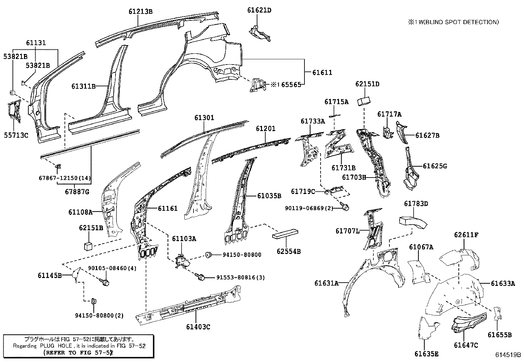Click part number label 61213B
point(141,12)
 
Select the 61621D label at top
point(259,10)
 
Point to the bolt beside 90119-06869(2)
point(346,207)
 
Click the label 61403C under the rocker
point(198,327)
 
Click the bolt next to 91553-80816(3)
point(200,278)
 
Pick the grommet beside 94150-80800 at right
point(208,254)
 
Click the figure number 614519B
point(508,355)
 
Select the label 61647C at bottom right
point(466,345)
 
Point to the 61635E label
point(426,354)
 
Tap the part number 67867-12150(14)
point(65,178)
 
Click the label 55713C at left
point(16,135)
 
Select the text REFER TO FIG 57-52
point(78,352)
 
